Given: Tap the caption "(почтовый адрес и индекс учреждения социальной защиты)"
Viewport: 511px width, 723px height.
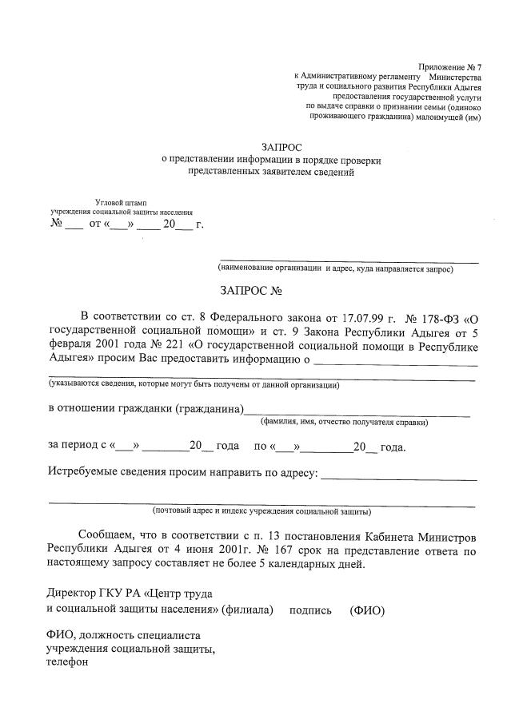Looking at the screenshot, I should coord(261,510).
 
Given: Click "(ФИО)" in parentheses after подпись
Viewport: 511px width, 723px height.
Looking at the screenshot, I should coord(367,611).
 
